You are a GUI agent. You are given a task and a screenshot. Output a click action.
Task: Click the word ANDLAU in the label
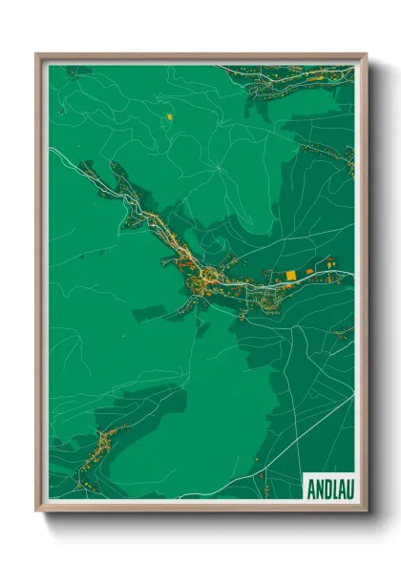coord(328,488)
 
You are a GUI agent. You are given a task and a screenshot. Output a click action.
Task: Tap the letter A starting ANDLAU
coord(311,488)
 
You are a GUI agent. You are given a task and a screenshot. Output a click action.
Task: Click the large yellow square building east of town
coord(291,276)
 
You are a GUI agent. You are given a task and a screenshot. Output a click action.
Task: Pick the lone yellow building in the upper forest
coord(169,116)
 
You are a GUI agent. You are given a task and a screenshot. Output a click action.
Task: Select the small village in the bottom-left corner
coord(95,449)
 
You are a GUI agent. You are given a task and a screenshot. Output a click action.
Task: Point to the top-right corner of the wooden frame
coord(366,55)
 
